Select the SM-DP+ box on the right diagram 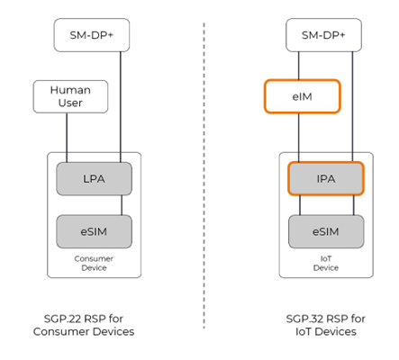tap(324, 35)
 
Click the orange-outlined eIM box tap(302, 96)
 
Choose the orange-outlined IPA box tap(324, 177)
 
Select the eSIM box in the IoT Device tap(324, 231)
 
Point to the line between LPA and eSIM tap(95, 203)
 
